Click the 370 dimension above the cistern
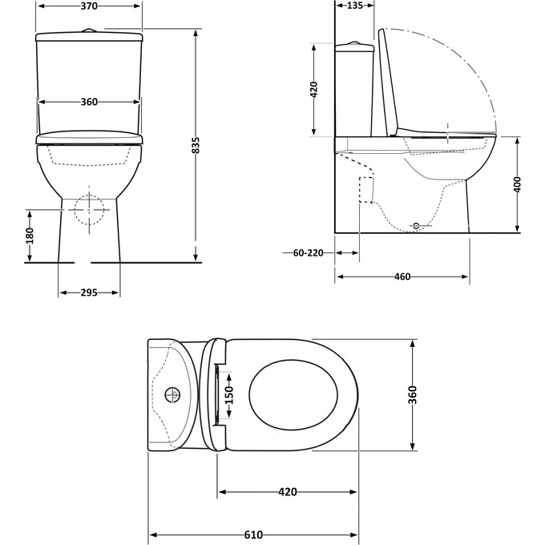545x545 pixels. [89, 6]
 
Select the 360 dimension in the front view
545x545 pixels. [89, 102]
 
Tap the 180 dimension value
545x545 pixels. [30, 235]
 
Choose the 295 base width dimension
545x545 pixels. [89, 293]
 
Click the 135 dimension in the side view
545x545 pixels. [355, 6]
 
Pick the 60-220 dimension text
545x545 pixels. [308, 252]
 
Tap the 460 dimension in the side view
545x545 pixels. [402, 277]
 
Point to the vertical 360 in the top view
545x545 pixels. [414, 394]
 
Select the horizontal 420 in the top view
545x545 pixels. [288, 491]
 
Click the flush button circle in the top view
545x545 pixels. [171, 394]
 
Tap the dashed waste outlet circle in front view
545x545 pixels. [90, 211]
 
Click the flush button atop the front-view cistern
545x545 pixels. [90, 30]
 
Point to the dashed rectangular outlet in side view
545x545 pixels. [368, 189]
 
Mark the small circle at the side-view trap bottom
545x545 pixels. [415, 226]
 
